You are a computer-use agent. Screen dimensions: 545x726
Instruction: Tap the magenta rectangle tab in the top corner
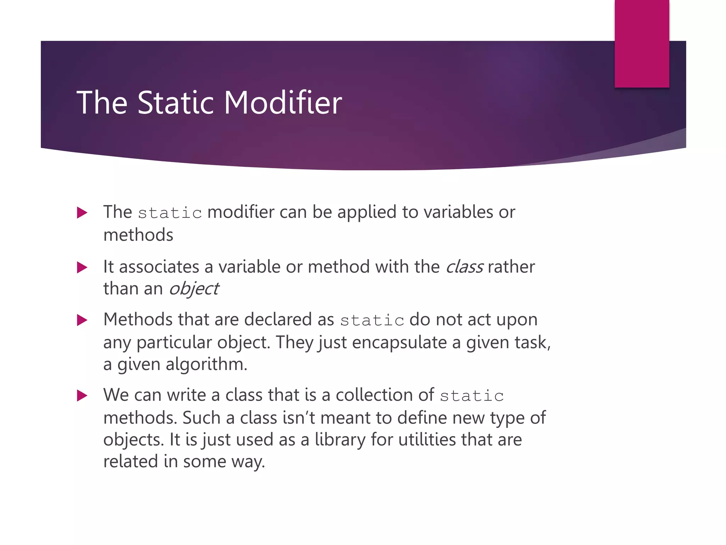(x=642, y=43)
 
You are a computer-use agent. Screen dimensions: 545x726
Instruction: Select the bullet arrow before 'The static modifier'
(x=82, y=213)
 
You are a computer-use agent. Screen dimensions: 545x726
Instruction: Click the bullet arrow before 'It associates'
(x=82, y=268)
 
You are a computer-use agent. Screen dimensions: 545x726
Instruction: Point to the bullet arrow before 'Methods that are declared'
(x=82, y=320)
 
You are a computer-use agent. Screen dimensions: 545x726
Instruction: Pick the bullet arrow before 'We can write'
(x=82, y=396)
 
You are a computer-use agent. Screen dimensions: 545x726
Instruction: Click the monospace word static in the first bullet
(x=170, y=213)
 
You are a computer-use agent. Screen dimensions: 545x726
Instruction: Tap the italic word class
(x=464, y=267)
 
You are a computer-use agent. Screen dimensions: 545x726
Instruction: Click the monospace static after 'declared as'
(x=372, y=320)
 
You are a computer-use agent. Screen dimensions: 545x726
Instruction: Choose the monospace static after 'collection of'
(x=472, y=396)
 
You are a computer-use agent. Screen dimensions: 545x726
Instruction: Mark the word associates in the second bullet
(x=159, y=267)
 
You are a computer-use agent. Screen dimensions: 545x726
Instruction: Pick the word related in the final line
(x=130, y=462)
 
